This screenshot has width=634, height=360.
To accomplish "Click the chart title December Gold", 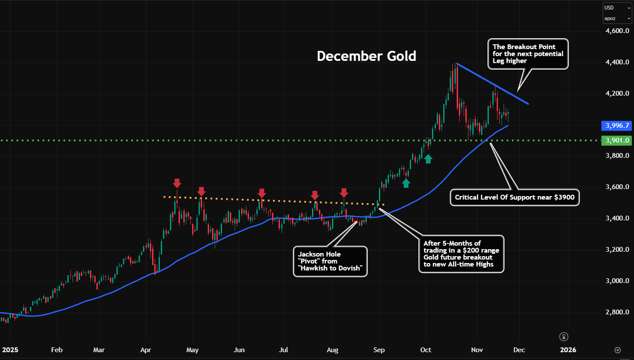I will pyautogui.click(x=366, y=56).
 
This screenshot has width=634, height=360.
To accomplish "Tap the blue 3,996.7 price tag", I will pyautogui.click(x=617, y=126).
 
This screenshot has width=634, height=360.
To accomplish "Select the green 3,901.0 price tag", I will pyautogui.click(x=617, y=140).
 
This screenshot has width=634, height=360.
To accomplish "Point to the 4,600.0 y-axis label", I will pyautogui.click(x=617, y=31).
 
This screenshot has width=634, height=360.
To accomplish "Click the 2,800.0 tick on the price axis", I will pyautogui.click(x=617, y=312).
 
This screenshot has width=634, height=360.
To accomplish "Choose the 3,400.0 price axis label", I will pyautogui.click(x=617, y=218).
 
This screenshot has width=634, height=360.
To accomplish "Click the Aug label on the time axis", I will pyautogui.click(x=332, y=350).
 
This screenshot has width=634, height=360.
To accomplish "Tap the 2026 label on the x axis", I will pyautogui.click(x=568, y=350).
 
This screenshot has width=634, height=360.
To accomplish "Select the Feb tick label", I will pyautogui.click(x=57, y=350).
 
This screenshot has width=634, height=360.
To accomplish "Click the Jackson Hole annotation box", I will pyautogui.click(x=330, y=261).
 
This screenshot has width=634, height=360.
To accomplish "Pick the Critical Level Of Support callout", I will pyautogui.click(x=515, y=197).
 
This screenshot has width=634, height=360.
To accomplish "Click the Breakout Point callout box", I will pyautogui.click(x=528, y=54).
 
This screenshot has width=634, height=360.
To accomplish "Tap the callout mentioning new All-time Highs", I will pyautogui.click(x=461, y=254).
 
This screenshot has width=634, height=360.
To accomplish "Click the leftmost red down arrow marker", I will pyautogui.click(x=177, y=183).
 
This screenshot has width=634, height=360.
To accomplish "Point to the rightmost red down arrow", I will pyautogui.click(x=344, y=193).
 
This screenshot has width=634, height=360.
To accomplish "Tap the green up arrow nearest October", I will pyautogui.click(x=428, y=159).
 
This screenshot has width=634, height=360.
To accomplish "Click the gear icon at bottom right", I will pyautogui.click(x=617, y=350).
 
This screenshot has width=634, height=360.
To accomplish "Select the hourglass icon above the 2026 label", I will pyautogui.click(x=564, y=337).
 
